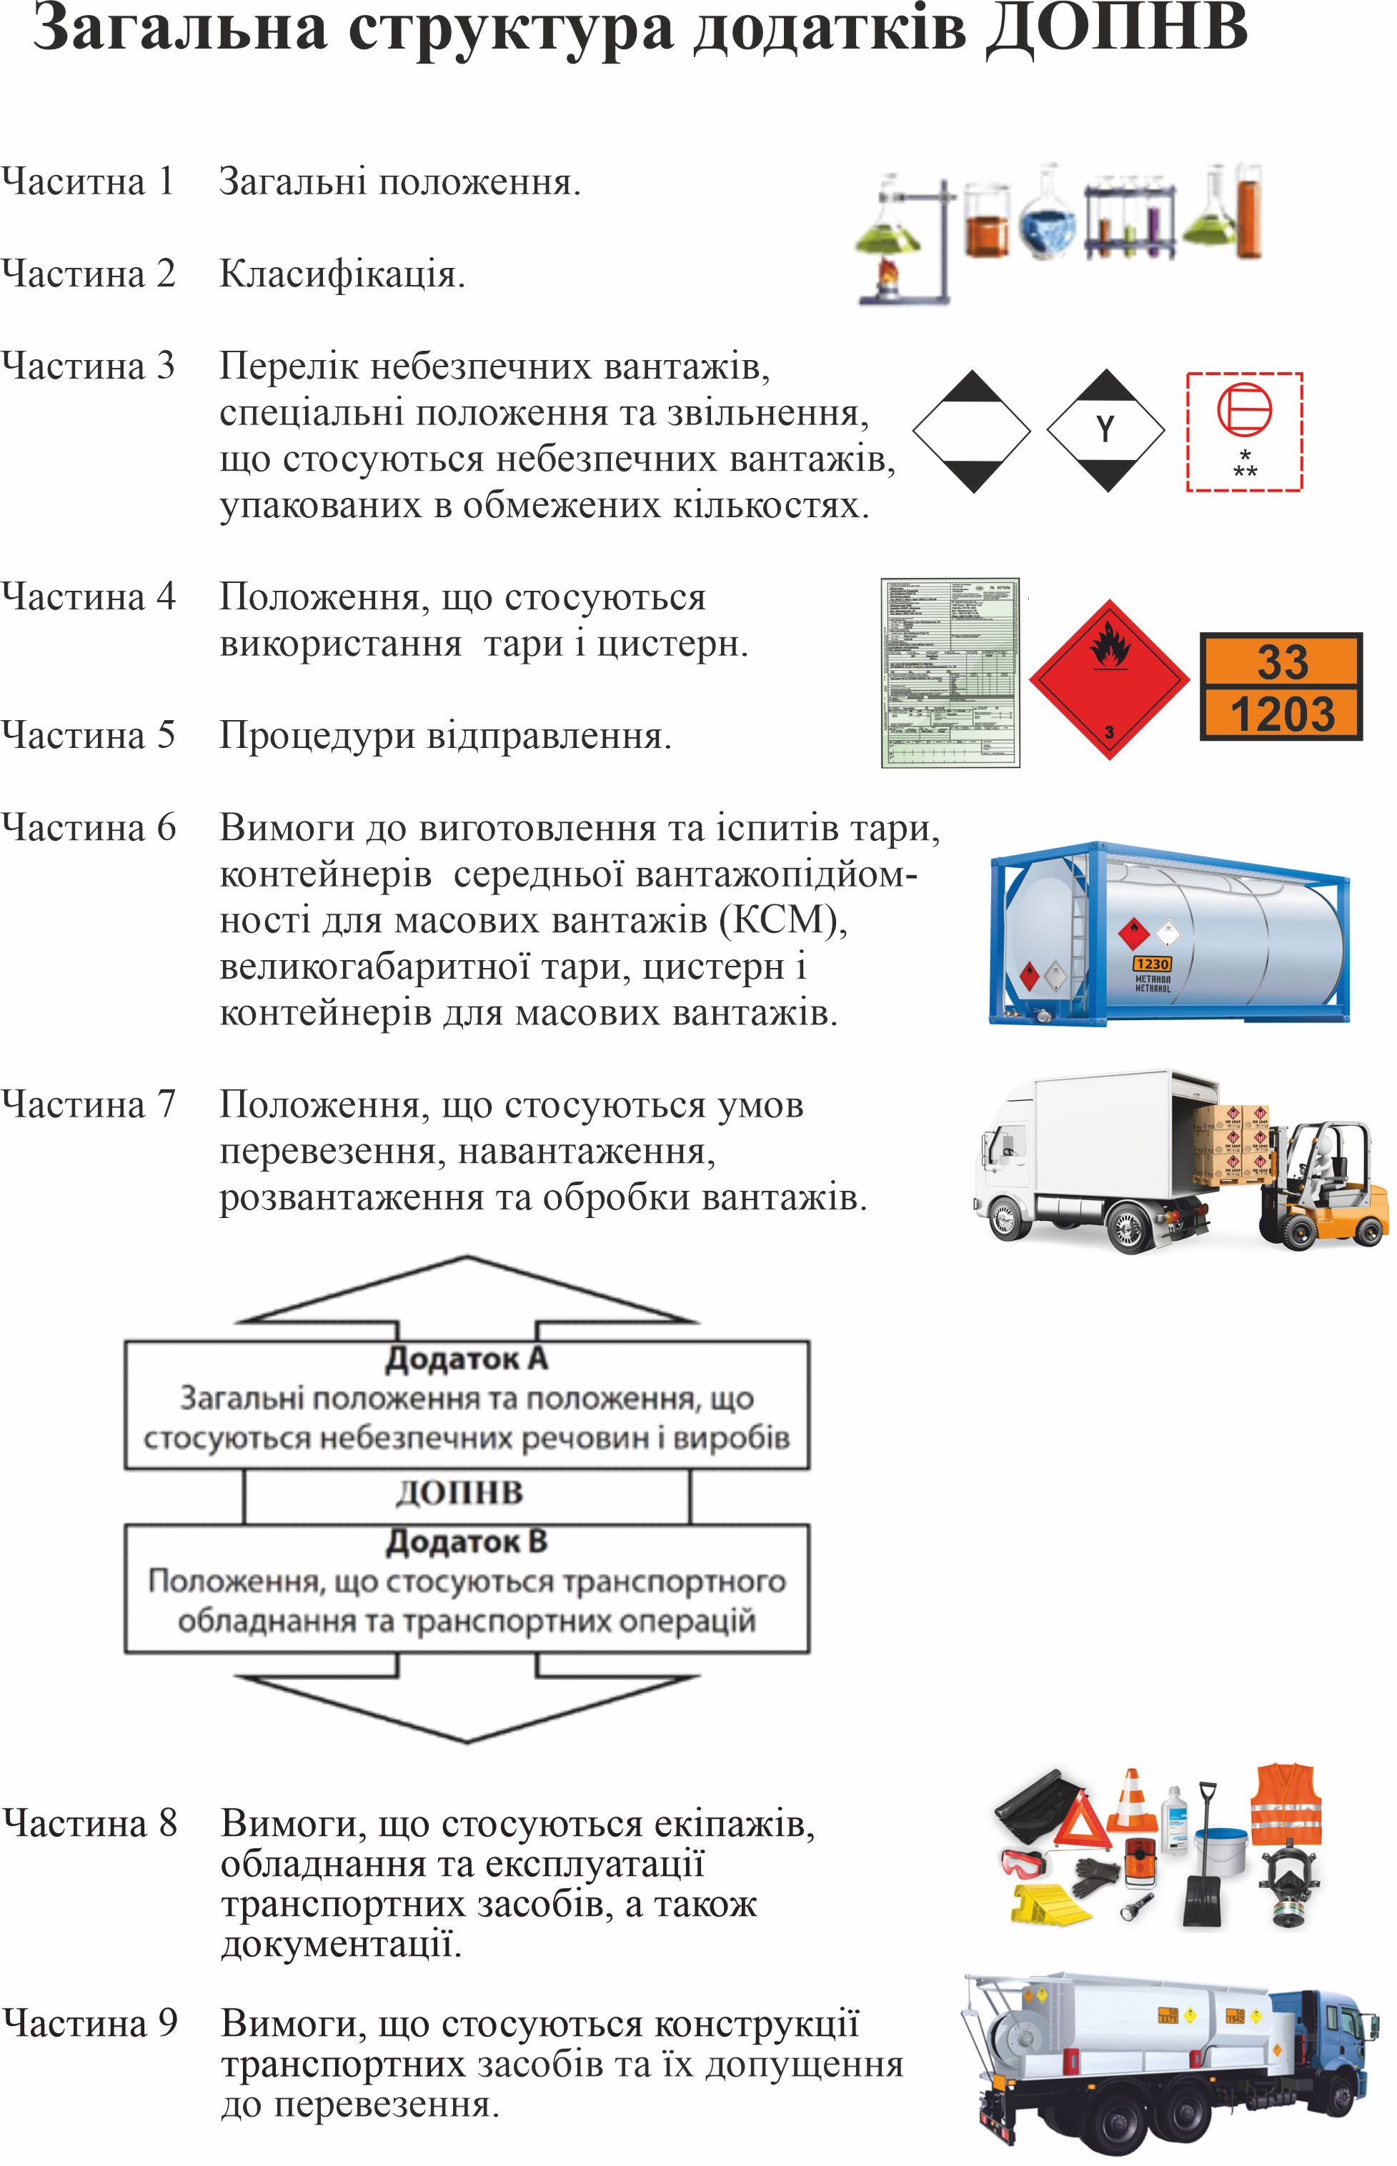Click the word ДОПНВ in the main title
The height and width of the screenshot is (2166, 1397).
[x=1118, y=29]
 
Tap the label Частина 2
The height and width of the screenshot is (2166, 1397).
[x=88, y=274]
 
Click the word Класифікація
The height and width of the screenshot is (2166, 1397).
[x=342, y=274]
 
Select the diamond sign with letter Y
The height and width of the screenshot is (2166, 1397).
[x=1105, y=430]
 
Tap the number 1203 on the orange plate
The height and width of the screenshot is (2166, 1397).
[x=1282, y=714]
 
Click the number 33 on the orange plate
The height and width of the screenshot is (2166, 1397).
[x=1282, y=661]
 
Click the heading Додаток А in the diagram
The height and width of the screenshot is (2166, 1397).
[x=467, y=1358]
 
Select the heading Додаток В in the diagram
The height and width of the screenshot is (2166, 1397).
[x=467, y=1542]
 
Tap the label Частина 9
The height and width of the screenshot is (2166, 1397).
[x=89, y=2022]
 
